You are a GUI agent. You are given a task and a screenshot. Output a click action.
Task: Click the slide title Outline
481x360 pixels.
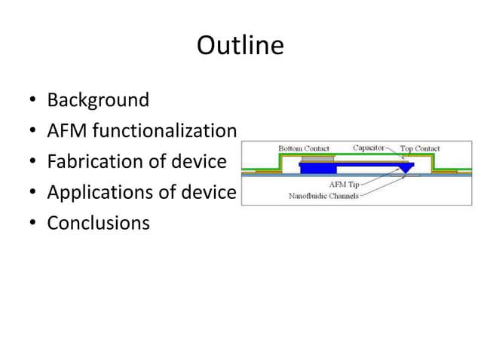coord(240,47)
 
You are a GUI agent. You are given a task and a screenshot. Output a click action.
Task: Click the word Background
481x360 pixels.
coord(98,99)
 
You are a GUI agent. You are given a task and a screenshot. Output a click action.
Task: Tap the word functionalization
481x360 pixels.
coord(161,131)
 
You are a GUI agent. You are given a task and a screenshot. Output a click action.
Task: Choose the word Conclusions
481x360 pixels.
coord(98,224)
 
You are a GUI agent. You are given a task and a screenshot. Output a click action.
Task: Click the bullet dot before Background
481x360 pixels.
coord(33,100)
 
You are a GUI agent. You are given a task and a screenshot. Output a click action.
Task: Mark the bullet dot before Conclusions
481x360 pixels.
coord(33,224)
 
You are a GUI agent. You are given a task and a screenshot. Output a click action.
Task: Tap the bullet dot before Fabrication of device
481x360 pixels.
coord(33,163)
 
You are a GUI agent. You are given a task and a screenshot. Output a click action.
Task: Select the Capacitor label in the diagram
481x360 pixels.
coord(369,148)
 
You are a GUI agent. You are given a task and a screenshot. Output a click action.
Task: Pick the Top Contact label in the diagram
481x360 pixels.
coord(421,148)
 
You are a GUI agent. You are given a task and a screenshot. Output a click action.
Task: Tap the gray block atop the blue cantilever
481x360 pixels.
coord(317,159)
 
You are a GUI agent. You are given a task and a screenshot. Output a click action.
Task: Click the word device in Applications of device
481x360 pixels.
coord(210,193)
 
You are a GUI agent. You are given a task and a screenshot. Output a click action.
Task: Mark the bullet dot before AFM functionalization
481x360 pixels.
coord(33,132)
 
